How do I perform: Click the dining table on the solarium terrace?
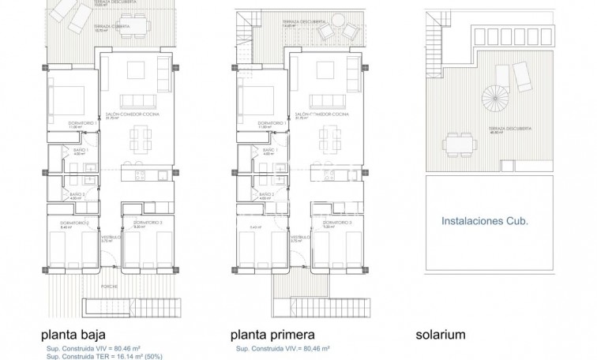coord(458,145)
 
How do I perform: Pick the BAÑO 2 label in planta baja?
coord(77,193)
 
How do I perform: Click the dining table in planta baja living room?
coord(140,139)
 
